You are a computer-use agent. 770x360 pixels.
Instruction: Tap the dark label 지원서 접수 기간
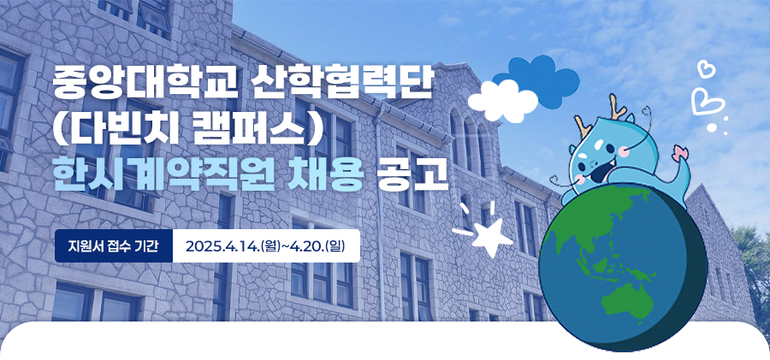pos(114,245)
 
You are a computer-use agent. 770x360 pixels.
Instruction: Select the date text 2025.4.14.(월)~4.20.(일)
pos(265,245)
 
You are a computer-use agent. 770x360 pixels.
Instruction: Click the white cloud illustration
pos(502,102)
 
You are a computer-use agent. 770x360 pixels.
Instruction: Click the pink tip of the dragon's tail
pos(680,151)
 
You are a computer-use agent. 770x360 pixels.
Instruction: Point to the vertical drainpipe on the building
pos(380,216)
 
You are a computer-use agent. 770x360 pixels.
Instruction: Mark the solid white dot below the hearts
pos(712,127)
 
